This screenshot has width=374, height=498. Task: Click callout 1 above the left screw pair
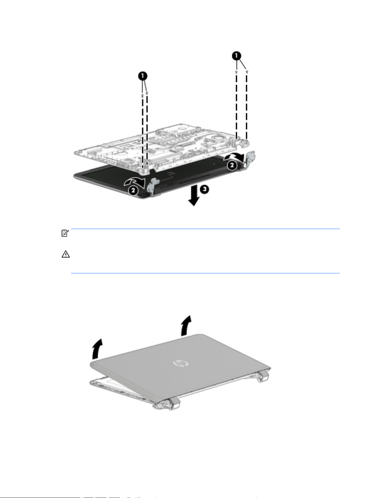click(143, 76)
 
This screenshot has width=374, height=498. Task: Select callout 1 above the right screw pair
click(237, 56)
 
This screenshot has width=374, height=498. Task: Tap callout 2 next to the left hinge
click(133, 190)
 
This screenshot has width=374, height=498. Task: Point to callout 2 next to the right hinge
click(232, 165)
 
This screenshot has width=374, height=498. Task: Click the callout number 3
click(205, 189)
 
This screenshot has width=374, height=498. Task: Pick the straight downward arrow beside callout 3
click(194, 196)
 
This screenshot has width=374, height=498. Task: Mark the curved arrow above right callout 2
click(234, 156)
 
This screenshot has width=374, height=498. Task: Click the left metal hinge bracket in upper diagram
click(151, 186)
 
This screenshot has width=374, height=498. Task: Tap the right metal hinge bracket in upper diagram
click(250, 159)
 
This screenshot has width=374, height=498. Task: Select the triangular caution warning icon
click(65, 254)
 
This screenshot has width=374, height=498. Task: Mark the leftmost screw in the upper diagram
click(143, 94)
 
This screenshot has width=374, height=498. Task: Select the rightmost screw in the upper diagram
click(247, 72)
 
